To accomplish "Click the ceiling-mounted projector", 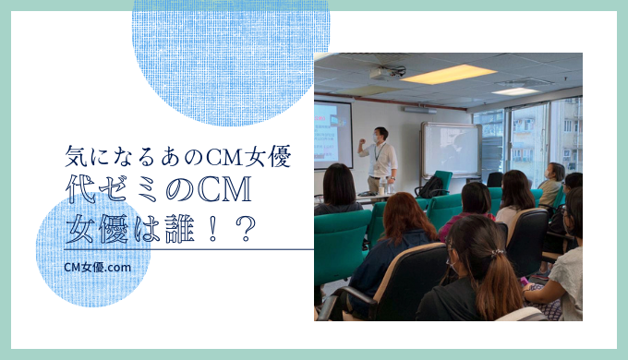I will pyautogui.click(x=388, y=72).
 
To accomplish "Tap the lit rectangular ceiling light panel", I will pyautogui.click(x=449, y=74).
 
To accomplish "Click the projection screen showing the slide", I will pyautogui.click(x=332, y=134).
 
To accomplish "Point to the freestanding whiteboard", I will pyautogui.click(x=450, y=150).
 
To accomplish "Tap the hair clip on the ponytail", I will pyautogui.click(x=497, y=252).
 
